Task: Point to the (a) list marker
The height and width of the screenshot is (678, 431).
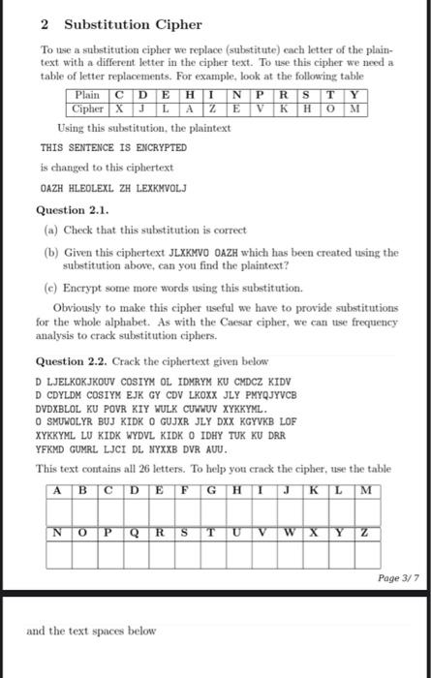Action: tap(51, 229)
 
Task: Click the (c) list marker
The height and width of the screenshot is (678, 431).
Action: tap(51, 288)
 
